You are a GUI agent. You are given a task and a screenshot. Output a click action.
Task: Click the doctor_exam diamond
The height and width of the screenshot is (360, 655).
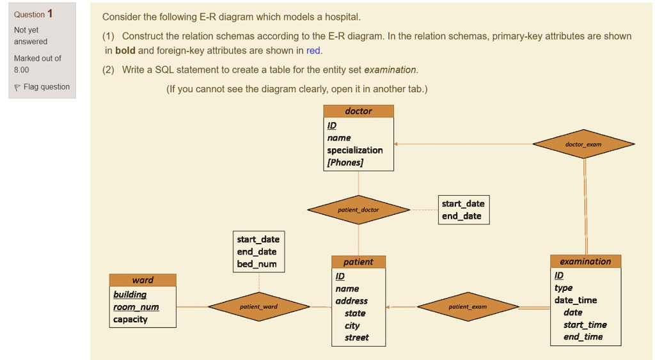pyautogui.click(x=583, y=145)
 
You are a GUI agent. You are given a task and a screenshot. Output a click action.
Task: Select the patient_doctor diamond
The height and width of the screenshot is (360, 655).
pyautogui.click(x=358, y=210)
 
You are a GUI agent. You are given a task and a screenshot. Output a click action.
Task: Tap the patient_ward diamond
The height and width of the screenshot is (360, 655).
pyautogui.click(x=258, y=307)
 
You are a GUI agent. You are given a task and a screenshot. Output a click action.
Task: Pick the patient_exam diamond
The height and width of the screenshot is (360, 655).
pyautogui.click(x=468, y=307)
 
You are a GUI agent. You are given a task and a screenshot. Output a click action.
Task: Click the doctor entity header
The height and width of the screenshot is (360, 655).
pyautogui.click(x=358, y=111)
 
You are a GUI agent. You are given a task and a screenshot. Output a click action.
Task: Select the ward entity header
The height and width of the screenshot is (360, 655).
pyautogui.click(x=143, y=280)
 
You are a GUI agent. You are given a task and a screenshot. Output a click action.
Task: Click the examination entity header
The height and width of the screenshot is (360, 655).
pyautogui.click(x=585, y=262)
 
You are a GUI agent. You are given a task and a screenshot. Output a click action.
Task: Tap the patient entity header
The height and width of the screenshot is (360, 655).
pyautogui.click(x=358, y=262)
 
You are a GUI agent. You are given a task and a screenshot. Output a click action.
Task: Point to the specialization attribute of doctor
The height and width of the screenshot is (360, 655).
pyautogui.click(x=355, y=150)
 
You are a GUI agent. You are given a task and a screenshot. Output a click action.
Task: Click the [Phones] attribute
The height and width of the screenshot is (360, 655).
pyautogui.click(x=345, y=162)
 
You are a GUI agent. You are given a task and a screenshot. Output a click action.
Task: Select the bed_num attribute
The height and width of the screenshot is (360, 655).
pyautogui.click(x=257, y=264)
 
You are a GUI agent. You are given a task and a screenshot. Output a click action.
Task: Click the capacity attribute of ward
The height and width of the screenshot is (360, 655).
pyautogui.click(x=130, y=319)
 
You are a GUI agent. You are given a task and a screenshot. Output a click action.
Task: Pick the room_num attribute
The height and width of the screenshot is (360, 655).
pyautogui.click(x=136, y=307)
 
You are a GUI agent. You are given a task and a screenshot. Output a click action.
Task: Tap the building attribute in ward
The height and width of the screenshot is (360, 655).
pyautogui.click(x=130, y=295)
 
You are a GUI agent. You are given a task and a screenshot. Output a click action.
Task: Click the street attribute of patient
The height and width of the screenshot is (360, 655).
pyautogui.click(x=356, y=338)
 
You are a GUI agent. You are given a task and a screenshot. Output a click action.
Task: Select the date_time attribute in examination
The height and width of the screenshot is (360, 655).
pyautogui.click(x=576, y=300)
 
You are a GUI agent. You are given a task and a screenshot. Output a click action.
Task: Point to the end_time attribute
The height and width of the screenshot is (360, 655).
pyautogui.click(x=583, y=337)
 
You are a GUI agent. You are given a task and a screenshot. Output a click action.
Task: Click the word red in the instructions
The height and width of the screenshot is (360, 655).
pyautogui.click(x=313, y=51)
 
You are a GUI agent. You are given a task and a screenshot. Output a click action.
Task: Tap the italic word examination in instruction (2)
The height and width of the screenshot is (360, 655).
pyautogui.click(x=390, y=70)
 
